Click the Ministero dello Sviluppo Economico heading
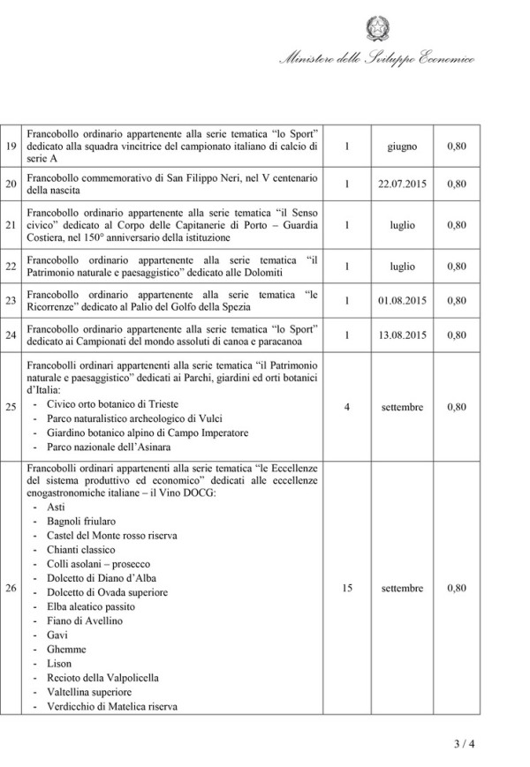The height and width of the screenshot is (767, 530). coord(376,60)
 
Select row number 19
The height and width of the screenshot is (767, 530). coord(11,146)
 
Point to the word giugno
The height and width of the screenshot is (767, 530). coord(402,146)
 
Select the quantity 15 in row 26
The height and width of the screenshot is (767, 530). coord(347,588)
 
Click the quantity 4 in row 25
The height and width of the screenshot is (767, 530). coord(347,408)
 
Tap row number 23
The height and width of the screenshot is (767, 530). coord(11,301)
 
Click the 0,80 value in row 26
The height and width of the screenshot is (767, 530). coord(457,588)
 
